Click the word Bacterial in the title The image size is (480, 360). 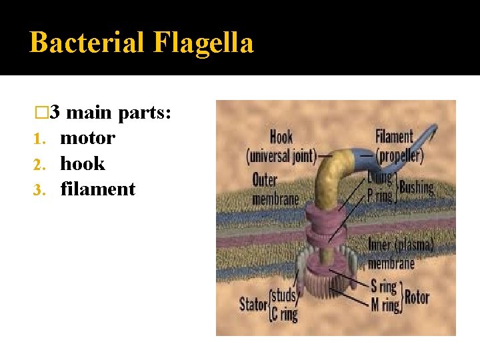pyautogui.click(x=87, y=43)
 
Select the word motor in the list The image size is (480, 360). pyautogui.click(x=87, y=139)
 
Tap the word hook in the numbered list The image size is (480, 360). pyautogui.click(x=83, y=164)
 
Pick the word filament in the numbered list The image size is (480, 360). pyautogui.click(x=98, y=189)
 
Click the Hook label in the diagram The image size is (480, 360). pyautogui.click(x=281, y=137)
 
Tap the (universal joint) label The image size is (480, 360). pyautogui.click(x=280, y=157)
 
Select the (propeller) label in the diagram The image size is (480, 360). pyautogui.click(x=399, y=156)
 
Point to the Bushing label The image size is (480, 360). pyautogui.click(x=417, y=187)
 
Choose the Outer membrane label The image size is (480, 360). pyautogui.click(x=274, y=188)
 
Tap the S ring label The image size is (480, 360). pyautogui.click(x=383, y=287)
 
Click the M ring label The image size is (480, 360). pyautogui.click(x=383, y=305)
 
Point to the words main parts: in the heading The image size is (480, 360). pyautogui.click(x=119, y=113)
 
